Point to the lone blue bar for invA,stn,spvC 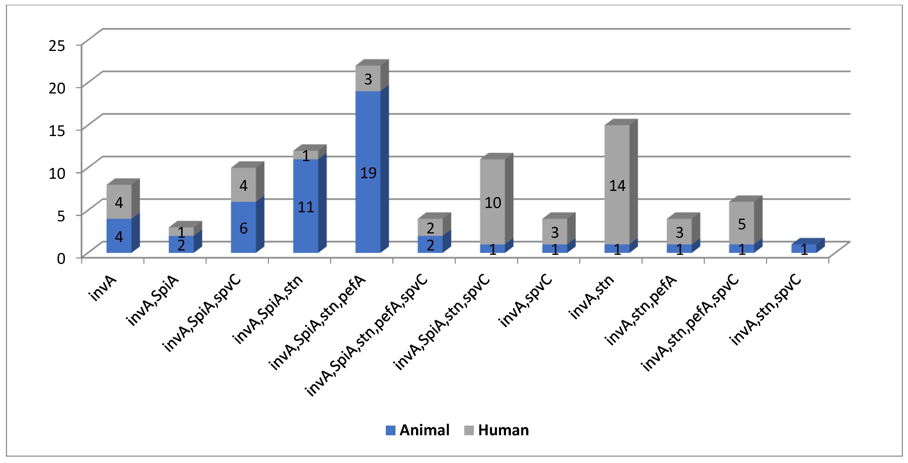pos(804,249)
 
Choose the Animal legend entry pos(417,430)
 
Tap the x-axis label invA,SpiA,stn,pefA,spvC pos(366,335)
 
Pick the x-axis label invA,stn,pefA pos(641,310)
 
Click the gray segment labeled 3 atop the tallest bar pos(368,78)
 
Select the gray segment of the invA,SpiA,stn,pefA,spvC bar pos(430,227)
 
